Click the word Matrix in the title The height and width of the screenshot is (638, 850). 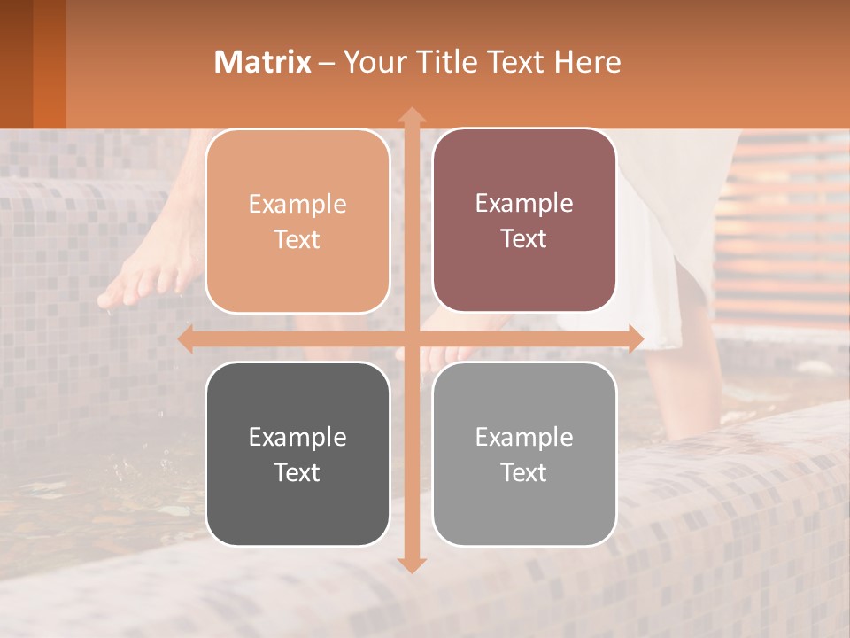[263, 62]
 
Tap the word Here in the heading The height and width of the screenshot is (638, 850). [588, 62]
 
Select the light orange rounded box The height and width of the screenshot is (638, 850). [297, 222]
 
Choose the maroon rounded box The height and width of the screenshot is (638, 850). [524, 221]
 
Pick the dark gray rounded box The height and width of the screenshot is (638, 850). [297, 454]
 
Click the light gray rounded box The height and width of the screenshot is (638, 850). [524, 454]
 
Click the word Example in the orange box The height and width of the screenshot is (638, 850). [297, 205]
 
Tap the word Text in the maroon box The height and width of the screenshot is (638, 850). [524, 239]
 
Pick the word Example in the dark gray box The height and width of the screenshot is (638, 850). [297, 437]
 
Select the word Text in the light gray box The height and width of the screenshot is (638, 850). [524, 472]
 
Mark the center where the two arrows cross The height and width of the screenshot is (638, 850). [411, 339]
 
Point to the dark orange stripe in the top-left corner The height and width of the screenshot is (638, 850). [50, 62]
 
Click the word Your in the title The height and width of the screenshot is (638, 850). [371, 62]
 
